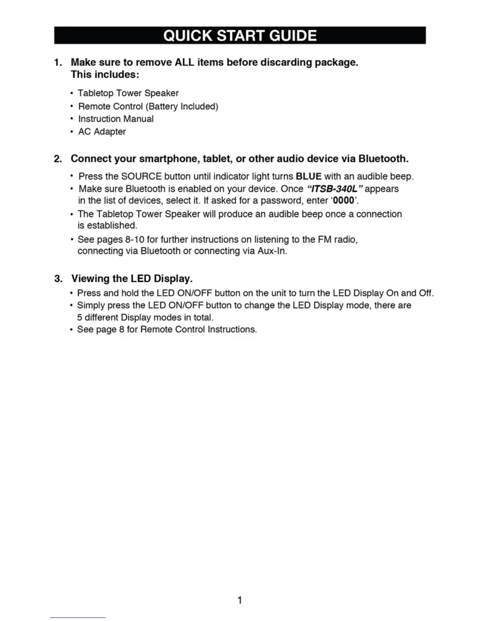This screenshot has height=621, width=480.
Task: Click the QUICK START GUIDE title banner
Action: (x=240, y=36)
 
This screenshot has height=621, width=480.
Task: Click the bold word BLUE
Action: (x=309, y=176)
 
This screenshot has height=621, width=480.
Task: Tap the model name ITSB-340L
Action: (x=334, y=189)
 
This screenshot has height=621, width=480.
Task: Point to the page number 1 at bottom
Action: (x=240, y=600)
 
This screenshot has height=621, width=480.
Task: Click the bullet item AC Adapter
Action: (x=102, y=132)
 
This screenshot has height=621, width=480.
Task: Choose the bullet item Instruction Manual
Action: (x=116, y=119)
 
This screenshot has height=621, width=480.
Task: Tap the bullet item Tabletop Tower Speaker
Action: (x=128, y=93)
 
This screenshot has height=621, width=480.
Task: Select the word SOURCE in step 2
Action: (x=141, y=176)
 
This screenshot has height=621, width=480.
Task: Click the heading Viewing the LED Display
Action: (x=132, y=279)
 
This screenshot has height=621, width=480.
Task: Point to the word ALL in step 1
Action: (x=184, y=62)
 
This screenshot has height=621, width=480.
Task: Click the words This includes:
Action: (x=105, y=74)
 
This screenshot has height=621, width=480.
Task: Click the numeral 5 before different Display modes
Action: (x=80, y=318)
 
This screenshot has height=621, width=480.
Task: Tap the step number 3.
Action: (x=58, y=279)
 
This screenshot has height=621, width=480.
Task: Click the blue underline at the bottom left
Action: (x=77, y=617)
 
